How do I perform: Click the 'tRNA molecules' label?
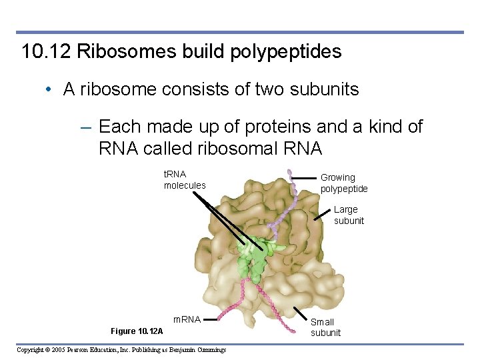point(185,179)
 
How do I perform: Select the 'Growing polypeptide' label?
point(343,183)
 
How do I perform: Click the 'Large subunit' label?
point(349,215)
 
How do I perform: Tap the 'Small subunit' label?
point(325,327)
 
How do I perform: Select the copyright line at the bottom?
point(121,350)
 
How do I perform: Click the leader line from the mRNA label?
point(211,320)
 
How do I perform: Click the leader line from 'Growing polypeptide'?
point(303,178)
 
